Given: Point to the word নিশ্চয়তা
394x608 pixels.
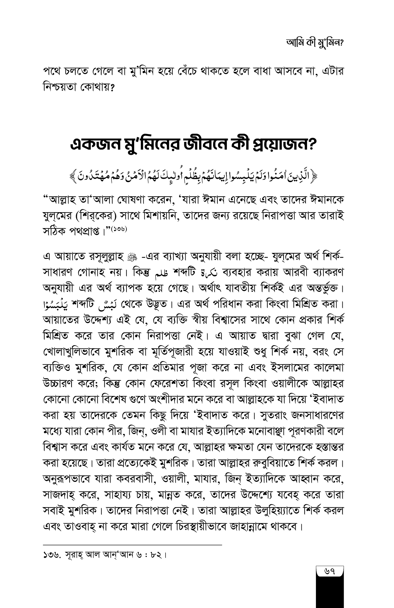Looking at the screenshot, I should click(59, 88).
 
